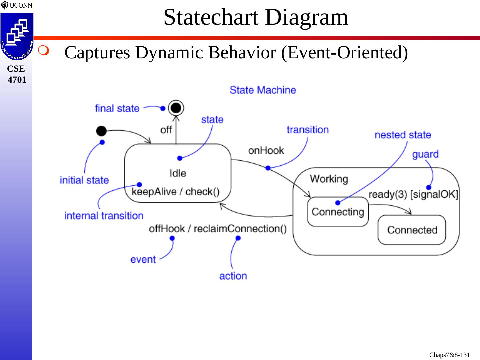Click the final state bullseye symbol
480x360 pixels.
point(176,108)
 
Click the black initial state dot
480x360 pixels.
point(101,131)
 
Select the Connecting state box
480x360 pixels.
point(338,212)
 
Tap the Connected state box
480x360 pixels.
point(412,230)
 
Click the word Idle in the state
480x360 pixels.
point(178,173)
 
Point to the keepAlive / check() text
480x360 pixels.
point(176,192)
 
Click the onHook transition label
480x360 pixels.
point(266,151)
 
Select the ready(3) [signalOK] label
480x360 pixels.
point(413,195)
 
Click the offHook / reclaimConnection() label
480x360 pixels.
point(218,229)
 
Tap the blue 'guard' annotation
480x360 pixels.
point(425,154)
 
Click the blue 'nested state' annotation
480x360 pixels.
point(403,135)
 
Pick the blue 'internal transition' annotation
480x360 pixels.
point(104,216)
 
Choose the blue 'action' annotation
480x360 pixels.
point(233,276)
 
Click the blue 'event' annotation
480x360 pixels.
point(143,259)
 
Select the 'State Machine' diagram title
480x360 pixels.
point(263,90)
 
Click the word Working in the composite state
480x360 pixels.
point(329,179)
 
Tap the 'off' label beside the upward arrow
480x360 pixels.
point(166,130)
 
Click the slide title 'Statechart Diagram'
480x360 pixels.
point(256,17)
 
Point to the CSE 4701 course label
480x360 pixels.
point(16,74)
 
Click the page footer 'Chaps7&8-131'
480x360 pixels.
point(449,355)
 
